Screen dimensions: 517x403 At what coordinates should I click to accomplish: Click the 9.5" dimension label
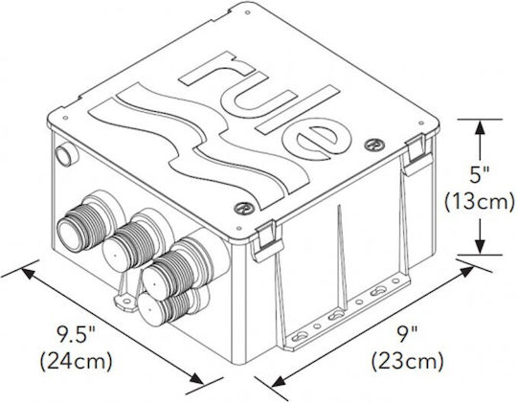pyautogui.click(x=75, y=334)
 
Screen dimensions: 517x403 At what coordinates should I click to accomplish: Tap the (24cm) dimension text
pyautogui.click(x=77, y=362)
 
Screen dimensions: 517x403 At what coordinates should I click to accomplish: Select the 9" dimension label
pyautogui.click(x=408, y=334)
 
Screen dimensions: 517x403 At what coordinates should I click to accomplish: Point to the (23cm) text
pyautogui.click(x=408, y=362)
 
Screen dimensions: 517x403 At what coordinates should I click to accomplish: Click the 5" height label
pyautogui.click(x=479, y=175)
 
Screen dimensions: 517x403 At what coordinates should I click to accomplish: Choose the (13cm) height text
pyautogui.click(x=480, y=202)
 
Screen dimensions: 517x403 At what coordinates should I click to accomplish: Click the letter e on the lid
pyautogui.click(x=317, y=140)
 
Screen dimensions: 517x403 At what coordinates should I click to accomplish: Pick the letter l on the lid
pyautogui.click(x=299, y=109)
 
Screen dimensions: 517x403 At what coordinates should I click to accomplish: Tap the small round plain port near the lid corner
pyautogui.click(x=67, y=153)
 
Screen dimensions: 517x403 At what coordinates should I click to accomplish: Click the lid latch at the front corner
pyautogui.click(x=267, y=239)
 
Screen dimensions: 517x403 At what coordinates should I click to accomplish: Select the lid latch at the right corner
pyautogui.click(x=416, y=155)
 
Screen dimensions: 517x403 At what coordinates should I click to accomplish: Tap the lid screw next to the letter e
pyautogui.click(x=375, y=145)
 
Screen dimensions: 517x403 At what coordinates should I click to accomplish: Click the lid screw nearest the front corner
pyautogui.click(x=245, y=208)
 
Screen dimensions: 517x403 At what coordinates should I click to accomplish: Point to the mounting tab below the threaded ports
pyautogui.click(x=125, y=301)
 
